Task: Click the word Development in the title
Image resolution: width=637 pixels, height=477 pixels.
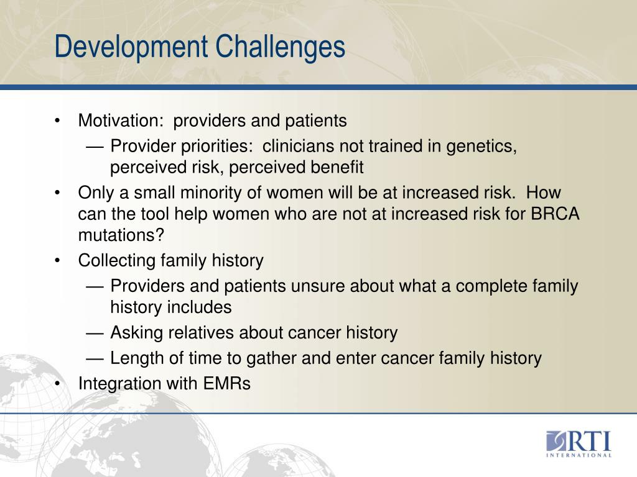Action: click(x=131, y=47)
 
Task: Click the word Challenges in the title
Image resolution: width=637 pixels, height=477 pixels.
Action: click(x=281, y=47)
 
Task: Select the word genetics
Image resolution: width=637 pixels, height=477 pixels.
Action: click(x=481, y=147)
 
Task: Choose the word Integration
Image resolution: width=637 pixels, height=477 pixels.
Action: click(x=118, y=384)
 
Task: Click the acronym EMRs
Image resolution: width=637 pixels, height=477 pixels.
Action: click(x=226, y=384)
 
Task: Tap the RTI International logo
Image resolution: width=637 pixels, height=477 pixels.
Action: click(x=579, y=443)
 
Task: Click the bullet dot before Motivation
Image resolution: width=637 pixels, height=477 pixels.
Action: click(x=57, y=121)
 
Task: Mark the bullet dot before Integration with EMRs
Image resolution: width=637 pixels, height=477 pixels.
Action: click(x=57, y=384)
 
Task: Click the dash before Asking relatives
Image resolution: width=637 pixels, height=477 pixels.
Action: click(x=95, y=333)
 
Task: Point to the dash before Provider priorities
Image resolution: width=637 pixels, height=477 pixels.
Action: click(x=95, y=147)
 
